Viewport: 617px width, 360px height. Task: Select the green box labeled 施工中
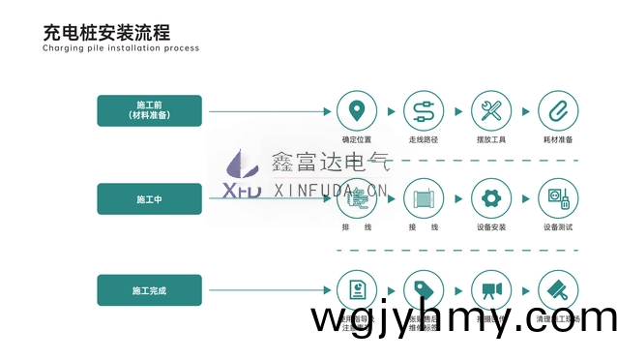click(149, 199)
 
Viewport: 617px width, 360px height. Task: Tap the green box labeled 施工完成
click(149, 290)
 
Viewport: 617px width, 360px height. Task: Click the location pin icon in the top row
click(357, 109)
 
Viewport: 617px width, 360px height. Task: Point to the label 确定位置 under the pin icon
click(357, 139)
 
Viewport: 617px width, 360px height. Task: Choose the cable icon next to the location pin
click(423, 109)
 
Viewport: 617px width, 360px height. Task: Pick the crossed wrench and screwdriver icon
click(490, 109)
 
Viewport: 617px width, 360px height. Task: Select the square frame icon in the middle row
click(423, 199)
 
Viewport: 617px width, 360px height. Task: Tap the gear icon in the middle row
click(490, 199)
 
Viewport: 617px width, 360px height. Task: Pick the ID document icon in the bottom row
click(357, 290)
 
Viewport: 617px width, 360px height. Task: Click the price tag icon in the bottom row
click(423, 290)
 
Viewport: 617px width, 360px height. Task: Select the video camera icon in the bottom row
click(490, 290)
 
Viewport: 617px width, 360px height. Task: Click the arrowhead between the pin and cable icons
click(390, 110)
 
